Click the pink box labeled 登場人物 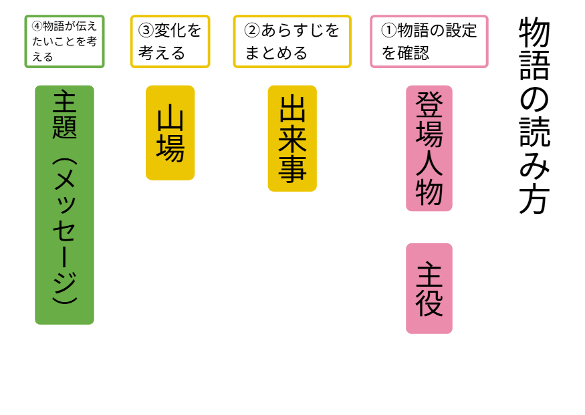tap(429, 148)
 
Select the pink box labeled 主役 tap(429, 288)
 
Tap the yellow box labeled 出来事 tap(292, 138)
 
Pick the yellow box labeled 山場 tap(170, 132)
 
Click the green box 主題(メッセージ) tap(64, 204)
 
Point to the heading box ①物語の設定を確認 tap(429, 41)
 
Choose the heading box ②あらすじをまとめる tap(292, 41)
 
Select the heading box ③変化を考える tap(170, 41)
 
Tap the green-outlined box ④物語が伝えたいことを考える tap(64, 41)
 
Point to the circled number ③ tap(146, 31)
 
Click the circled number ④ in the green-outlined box tap(37, 27)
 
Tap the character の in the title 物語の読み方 tap(534, 100)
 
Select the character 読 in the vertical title tap(534, 133)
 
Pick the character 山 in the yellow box tap(170, 118)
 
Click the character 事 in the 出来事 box tap(292, 169)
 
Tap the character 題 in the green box tap(64, 127)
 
